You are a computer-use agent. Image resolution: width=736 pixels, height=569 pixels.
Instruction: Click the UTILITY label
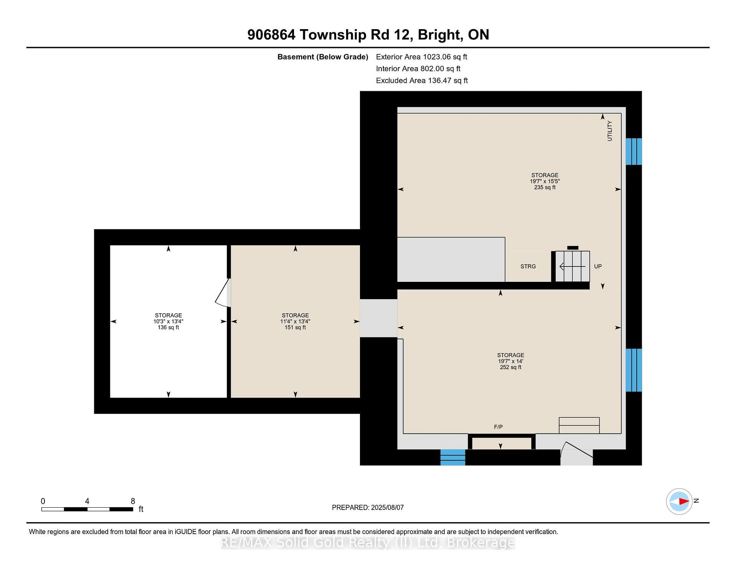(609, 131)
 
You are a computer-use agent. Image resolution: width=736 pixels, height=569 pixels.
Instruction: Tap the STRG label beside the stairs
(528, 266)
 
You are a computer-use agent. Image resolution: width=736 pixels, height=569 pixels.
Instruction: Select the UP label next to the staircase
(598, 266)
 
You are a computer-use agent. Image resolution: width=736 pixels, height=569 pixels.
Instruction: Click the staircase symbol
(573, 266)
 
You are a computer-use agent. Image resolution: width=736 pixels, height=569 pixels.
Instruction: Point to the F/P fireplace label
(498, 427)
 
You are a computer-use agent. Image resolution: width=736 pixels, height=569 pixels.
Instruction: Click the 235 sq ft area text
(545, 187)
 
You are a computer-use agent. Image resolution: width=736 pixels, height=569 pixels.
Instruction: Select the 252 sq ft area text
(511, 367)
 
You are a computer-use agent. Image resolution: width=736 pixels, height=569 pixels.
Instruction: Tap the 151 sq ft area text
(295, 327)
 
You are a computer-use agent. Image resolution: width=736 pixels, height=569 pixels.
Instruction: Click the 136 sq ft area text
(168, 327)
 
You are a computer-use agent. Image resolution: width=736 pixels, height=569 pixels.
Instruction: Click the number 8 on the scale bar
(133, 501)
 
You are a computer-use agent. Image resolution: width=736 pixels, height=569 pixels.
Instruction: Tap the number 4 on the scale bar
(87, 501)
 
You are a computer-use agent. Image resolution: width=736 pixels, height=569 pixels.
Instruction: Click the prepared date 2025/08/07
(387, 508)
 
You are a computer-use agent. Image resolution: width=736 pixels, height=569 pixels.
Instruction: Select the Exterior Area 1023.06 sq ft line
(421, 57)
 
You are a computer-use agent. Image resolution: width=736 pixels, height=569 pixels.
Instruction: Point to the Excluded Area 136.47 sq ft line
(422, 81)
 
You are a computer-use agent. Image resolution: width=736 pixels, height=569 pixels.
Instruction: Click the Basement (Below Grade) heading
(323, 57)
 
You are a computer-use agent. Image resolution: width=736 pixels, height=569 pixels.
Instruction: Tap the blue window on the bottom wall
(453, 457)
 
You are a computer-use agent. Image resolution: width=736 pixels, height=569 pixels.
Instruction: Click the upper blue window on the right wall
(634, 151)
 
